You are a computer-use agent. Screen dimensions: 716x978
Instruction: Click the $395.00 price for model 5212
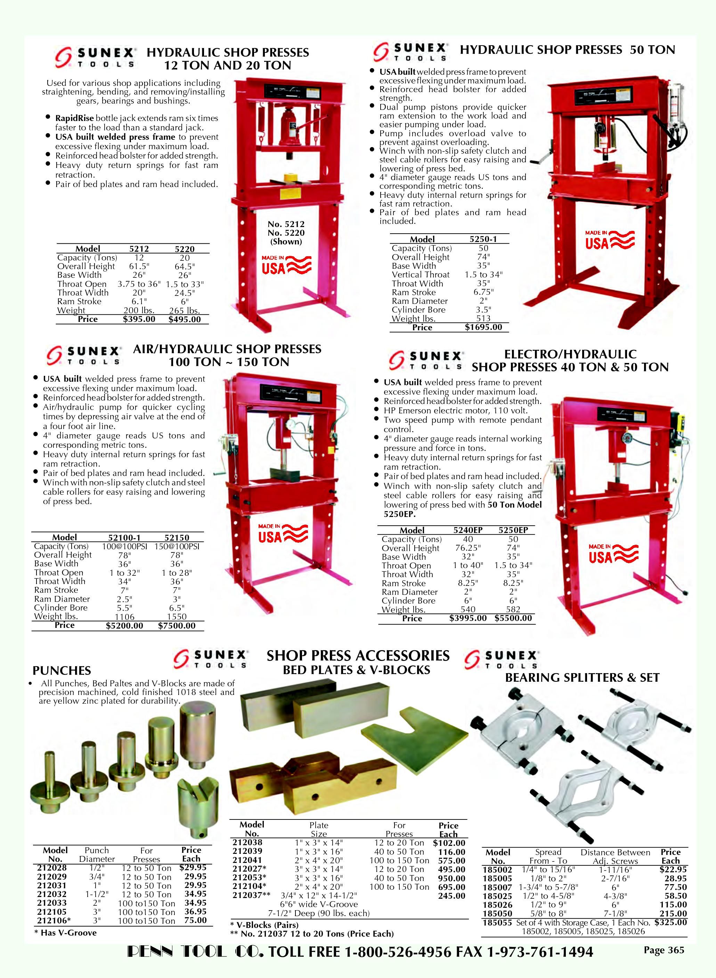[x=139, y=320]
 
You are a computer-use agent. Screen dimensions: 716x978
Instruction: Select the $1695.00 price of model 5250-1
[x=483, y=327]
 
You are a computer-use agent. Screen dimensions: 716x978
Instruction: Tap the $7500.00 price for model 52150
[x=177, y=625]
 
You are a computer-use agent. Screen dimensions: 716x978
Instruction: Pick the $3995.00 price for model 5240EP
[x=468, y=618]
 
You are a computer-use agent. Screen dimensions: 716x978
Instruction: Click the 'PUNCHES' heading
[x=62, y=671]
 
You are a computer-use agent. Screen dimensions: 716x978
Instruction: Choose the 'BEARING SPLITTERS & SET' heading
[x=582, y=678]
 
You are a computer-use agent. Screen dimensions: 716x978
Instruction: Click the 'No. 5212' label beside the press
[x=286, y=224]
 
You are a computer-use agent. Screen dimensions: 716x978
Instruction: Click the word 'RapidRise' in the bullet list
[x=74, y=118]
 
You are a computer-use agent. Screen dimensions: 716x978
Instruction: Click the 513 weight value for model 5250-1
[x=483, y=318]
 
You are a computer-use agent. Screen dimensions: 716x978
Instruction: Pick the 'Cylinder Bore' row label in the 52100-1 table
[x=61, y=608]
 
